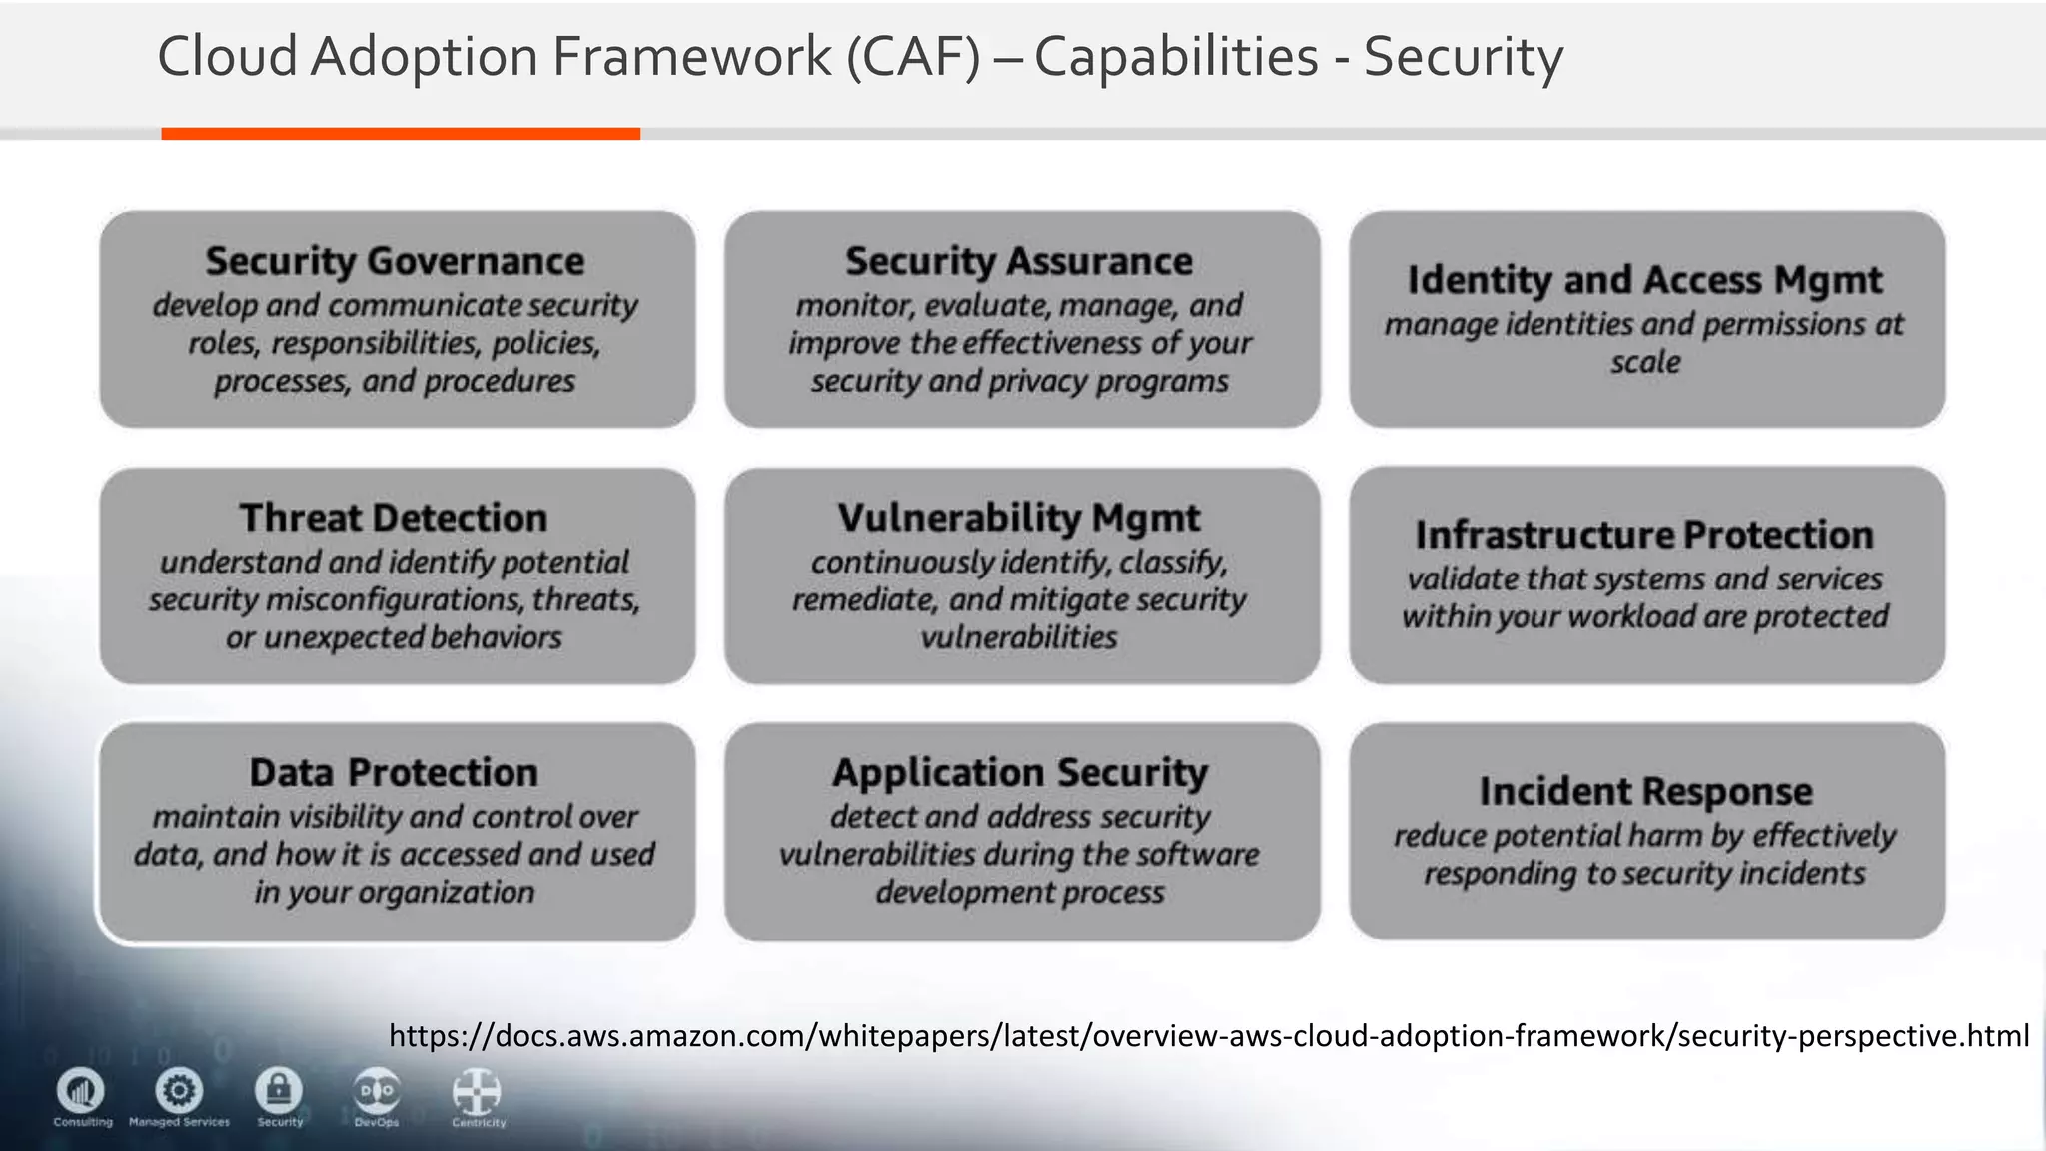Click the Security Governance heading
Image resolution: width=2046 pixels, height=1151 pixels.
tap(395, 261)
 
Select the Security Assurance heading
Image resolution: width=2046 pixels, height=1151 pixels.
tap(1019, 261)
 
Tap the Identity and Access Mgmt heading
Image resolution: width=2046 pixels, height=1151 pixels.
tap(1644, 280)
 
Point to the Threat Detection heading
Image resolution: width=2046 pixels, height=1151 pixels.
tap(394, 518)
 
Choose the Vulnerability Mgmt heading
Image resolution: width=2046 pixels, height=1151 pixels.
tap(1019, 518)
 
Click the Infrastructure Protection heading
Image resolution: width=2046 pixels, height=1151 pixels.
tap(1644, 535)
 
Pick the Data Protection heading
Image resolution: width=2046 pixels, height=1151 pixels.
tap(394, 772)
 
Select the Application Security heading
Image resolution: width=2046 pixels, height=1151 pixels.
tap(1020, 772)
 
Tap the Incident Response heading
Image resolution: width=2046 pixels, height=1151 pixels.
tap(1645, 791)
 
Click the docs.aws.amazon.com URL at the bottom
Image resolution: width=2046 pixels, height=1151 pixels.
tap(1209, 1035)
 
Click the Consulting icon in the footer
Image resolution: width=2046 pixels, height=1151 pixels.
tap(81, 1090)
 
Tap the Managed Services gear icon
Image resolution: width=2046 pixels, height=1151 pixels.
tap(179, 1090)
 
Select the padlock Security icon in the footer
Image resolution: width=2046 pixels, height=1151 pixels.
tap(279, 1090)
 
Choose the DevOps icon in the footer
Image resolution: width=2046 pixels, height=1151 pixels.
tap(377, 1091)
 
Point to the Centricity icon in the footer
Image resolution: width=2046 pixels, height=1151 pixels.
tap(477, 1092)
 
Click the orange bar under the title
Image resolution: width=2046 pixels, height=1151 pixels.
tap(401, 134)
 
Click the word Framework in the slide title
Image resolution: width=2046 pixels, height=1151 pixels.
tap(691, 56)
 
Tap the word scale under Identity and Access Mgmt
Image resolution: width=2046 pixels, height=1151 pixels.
tap(1645, 362)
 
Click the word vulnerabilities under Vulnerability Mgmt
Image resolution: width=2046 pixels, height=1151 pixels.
tap(1019, 637)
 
